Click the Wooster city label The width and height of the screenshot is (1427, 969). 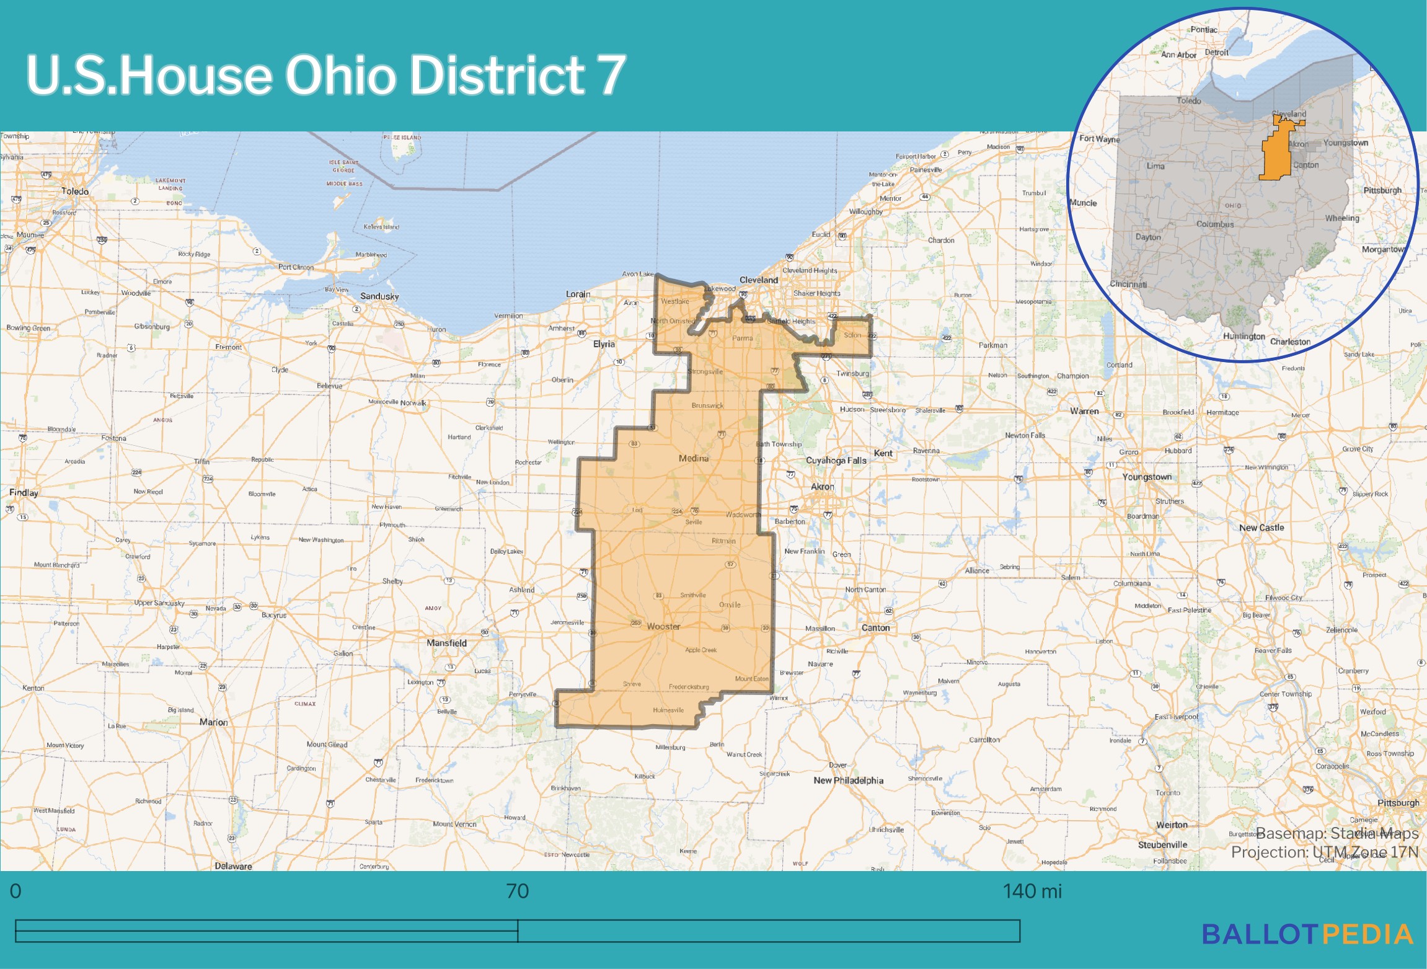pyautogui.click(x=663, y=626)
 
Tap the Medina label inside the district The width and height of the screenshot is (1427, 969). pyautogui.click(x=693, y=458)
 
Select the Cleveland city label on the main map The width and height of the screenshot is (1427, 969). pyautogui.click(x=758, y=280)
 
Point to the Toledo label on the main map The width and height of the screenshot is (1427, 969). pyautogui.click(x=75, y=192)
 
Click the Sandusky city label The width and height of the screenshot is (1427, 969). pyautogui.click(x=379, y=296)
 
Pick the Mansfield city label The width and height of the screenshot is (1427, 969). pyautogui.click(x=446, y=643)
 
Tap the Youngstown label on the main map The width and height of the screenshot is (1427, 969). pyautogui.click(x=1147, y=477)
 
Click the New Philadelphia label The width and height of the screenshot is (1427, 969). pyautogui.click(x=848, y=781)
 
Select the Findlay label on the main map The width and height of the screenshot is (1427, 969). pyautogui.click(x=24, y=492)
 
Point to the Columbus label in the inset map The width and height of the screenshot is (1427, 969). pyautogui.click(x=1214, y=224)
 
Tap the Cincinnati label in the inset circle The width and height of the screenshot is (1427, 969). pyautogui.click(x=1128, y=285)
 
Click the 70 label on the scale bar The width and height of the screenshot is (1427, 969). pyautogui.click(x=518, y=892)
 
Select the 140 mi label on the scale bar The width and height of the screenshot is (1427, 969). pyautogui.click(x=1032, y=892)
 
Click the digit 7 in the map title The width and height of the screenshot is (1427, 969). pyautogui.click(x=611, y=74)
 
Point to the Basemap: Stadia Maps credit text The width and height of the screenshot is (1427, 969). pyautogui.click(x=1336, y=833)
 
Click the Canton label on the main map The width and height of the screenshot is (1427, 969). pyautogui.click(x=875, y=628)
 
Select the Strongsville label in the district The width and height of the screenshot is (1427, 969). pyautogui.click(x=705, y=372)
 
